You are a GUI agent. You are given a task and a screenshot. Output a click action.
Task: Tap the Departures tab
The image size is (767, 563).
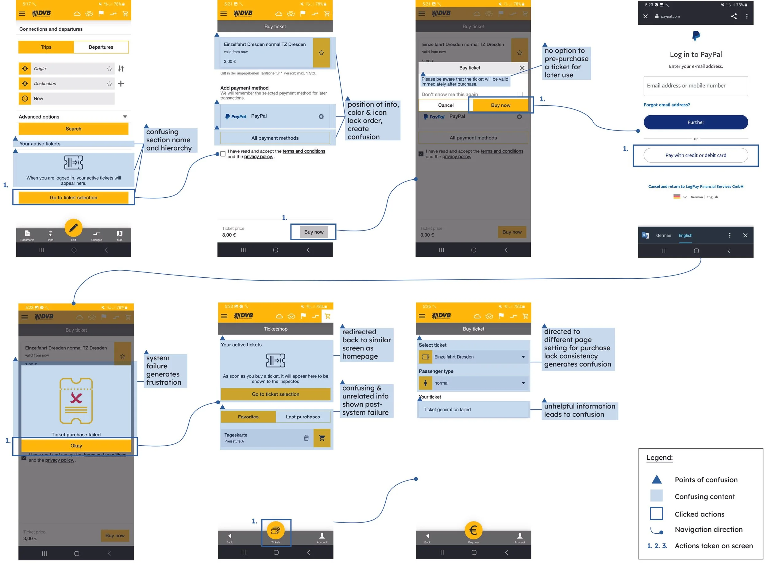coord(101,47)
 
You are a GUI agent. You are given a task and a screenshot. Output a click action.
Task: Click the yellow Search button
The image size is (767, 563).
coord(73,129)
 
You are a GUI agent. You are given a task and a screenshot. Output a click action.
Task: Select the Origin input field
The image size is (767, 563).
coord(70,69)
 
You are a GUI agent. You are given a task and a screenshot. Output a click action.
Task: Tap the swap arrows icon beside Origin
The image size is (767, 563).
coord(121,69)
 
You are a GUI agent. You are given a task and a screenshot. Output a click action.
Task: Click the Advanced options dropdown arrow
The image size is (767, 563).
coord(125,116)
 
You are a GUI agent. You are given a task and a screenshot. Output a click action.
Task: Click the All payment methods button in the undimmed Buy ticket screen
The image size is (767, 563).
coord(275,138)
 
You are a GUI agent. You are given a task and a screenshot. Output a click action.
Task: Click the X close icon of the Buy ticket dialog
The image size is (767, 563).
coord(522,68)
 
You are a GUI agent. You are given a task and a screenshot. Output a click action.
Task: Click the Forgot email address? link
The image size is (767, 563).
coord(666,105)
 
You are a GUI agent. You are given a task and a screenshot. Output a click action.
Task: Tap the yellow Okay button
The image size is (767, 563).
coord(76,446)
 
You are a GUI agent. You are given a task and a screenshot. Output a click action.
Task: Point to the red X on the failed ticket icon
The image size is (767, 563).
coord(76,398)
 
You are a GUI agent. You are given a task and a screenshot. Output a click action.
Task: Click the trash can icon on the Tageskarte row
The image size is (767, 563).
coord(306,438)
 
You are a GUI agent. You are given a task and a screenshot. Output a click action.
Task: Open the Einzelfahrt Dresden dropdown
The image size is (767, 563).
coord(473,357)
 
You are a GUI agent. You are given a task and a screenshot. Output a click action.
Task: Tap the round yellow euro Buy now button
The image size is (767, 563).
coord(473,530)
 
